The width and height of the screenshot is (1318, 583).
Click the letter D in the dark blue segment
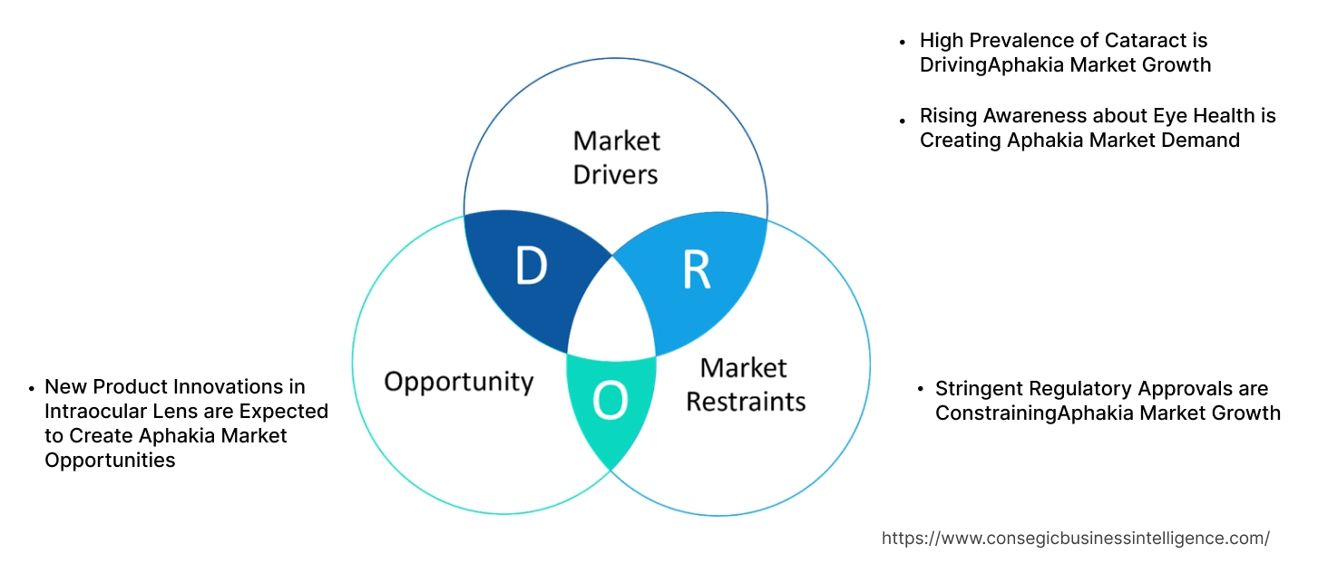531,267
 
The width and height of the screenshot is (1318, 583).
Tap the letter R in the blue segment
696,270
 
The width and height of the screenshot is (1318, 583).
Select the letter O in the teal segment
610,402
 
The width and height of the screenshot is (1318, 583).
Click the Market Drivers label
616,157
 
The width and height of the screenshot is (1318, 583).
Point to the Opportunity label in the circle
458,381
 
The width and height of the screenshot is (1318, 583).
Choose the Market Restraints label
745,384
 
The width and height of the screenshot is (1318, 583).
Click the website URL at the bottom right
1075,539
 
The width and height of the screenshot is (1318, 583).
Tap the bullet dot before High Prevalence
903,43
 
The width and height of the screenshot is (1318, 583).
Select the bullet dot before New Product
32,389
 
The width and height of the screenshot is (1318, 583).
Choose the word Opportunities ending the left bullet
110,461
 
